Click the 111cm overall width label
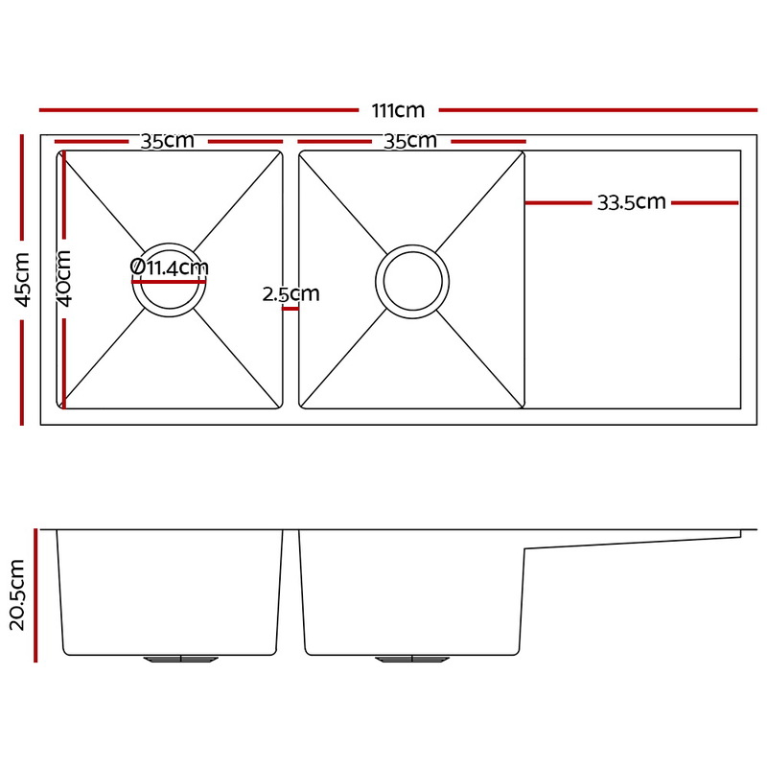tap(398, 110)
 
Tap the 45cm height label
tap(22, 280)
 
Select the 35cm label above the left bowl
tap(167, 141)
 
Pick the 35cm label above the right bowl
tap(410, 141)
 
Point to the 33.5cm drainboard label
tap(632, 202)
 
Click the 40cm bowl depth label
tap(64, 278)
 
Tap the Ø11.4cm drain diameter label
tap(170, 267)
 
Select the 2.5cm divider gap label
tap(291, 294)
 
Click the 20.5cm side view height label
tap(17, 594)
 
